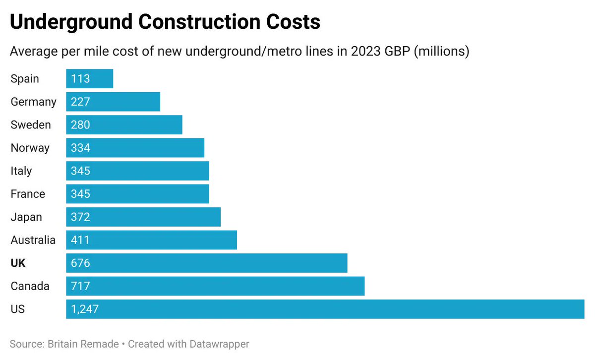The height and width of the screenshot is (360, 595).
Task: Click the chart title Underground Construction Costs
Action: pos(165,23)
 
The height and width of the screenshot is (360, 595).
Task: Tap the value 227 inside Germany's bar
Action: pos(80,102)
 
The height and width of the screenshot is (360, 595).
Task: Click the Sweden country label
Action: pos(31,125)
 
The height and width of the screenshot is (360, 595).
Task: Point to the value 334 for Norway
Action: pos(80,148)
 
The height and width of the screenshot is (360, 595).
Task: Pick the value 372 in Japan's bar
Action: pos(80,217)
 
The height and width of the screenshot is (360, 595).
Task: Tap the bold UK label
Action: pos(18,263)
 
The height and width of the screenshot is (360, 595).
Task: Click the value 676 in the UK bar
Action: pos(80,263)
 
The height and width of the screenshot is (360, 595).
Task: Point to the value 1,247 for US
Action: pos(85,309)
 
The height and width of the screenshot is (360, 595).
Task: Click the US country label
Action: pos(17,309)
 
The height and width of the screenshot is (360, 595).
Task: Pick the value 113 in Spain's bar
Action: pos(80,79)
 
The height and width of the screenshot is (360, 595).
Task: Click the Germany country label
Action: pos(34,102)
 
